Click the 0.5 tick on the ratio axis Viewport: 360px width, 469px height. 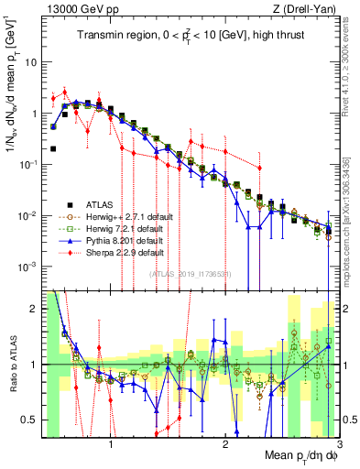(x=31, y=420)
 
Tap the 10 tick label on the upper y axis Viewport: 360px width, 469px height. (x=30, y=62)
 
